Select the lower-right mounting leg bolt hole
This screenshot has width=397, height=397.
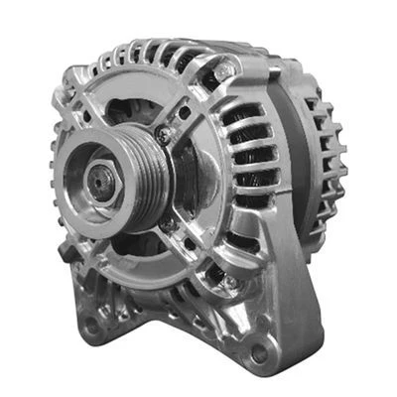260,350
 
